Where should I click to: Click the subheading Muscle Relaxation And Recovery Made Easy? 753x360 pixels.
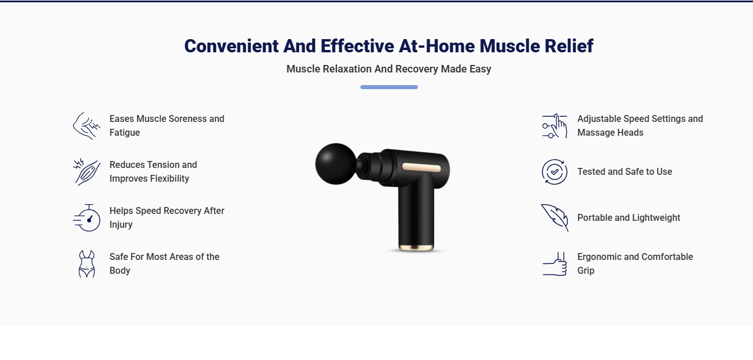[389, 69]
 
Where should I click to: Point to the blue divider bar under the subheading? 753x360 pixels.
[389, 87]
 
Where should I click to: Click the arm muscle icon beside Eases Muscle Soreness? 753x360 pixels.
[87, 126]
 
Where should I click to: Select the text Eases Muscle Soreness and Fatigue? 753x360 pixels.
[167, 125]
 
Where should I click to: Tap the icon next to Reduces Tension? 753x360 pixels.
[87, 171]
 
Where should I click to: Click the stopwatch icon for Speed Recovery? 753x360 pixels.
[87, 217]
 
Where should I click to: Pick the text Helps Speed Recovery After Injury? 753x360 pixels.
[167, 217]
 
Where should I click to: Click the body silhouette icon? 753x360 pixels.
[87, 264]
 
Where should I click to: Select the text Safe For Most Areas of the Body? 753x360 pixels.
[164, 263]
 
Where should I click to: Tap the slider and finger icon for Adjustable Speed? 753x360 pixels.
[555, 126]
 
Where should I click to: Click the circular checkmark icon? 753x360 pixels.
[555, 171]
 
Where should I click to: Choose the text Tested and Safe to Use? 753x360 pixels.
[625, 171]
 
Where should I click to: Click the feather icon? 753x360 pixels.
[555, 217]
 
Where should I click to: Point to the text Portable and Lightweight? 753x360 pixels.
[629, 217]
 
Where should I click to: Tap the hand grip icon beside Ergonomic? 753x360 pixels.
[555, 264]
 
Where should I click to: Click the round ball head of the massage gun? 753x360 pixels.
[336, 164]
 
